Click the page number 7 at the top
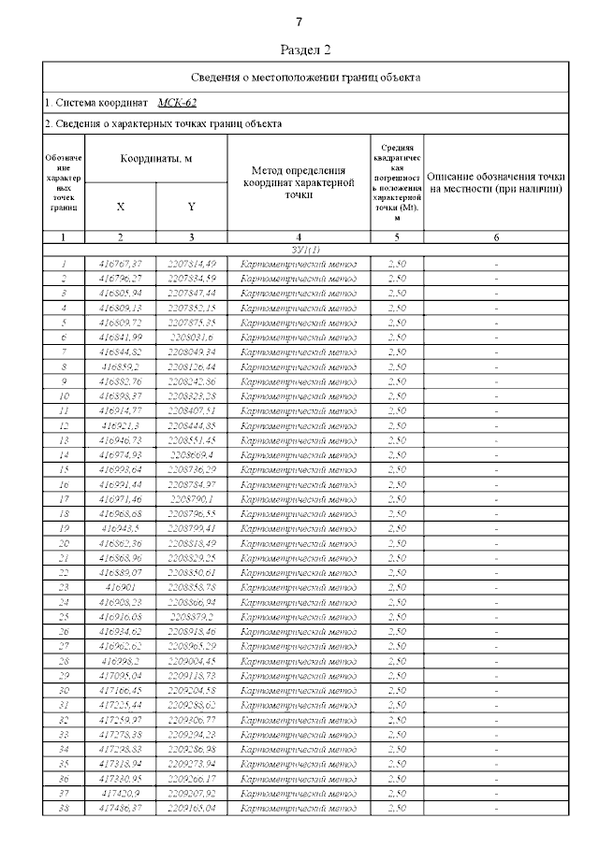[299, 22]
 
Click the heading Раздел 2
[306, 50]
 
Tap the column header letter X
[120, 207]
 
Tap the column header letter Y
[191, 207]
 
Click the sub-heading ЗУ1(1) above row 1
[306, 251]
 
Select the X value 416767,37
[120, 264]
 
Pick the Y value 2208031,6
[191, 337]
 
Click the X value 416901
[120, 587]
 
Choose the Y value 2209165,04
[191, 808]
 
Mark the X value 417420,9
[120, 793]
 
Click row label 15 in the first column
[64, 469]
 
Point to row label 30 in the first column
[64, 690]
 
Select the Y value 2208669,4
[191, 454]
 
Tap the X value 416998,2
[120, 661]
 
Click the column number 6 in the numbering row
[496, 237]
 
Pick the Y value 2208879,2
[191, 617]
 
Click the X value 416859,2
[120, 366]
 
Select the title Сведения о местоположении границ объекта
[306, 78]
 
